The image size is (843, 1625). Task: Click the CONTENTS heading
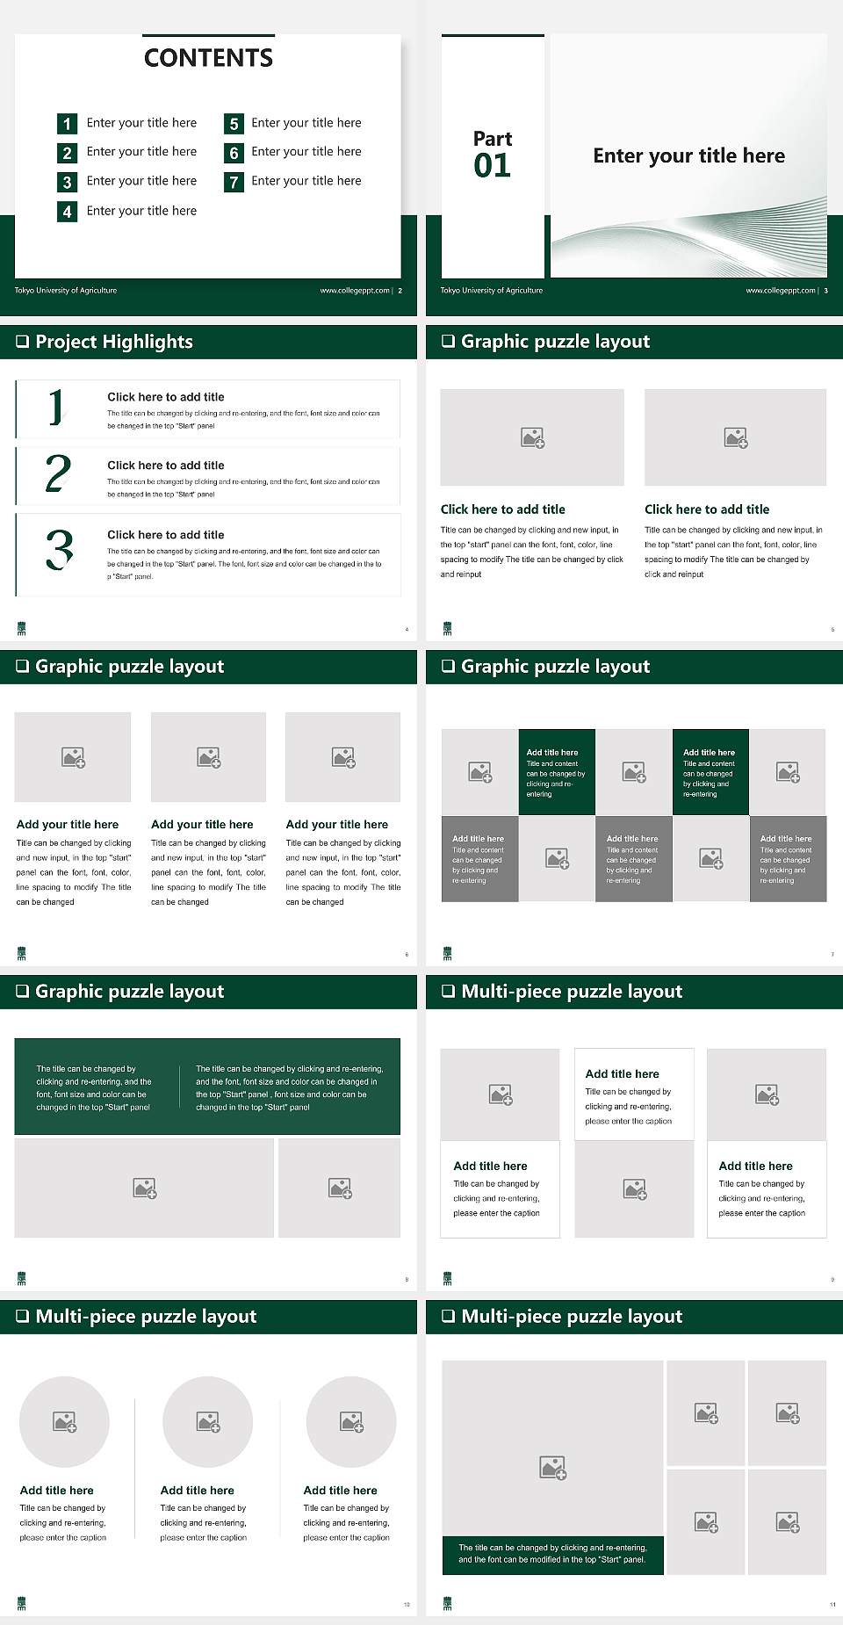point(208,58)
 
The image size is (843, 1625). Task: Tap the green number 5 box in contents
point(234,124)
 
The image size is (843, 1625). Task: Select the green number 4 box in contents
point(67,212)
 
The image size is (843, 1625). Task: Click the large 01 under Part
point(492,165)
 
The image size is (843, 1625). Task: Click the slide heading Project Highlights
point(113,342)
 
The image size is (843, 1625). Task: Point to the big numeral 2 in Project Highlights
point(58,473)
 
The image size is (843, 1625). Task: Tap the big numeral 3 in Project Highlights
point(59,551)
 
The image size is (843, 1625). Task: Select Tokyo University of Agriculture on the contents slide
point(66,291)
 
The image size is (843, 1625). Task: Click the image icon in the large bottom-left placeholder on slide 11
point(552,1467)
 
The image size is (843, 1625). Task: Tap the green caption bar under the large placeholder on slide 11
point(552,1554)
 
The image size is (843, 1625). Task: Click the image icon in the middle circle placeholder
point(208,1421)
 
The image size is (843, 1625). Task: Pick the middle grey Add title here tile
point(633,858)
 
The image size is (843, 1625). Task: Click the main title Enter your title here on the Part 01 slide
point(688,156)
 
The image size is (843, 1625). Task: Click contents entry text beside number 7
point(306,181)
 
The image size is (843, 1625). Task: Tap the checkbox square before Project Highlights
point(23,342)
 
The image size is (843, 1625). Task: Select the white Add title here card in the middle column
point(634,1094)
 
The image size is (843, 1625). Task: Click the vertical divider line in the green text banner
point(180,1087)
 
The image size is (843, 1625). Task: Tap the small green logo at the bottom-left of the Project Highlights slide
point(22,628)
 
